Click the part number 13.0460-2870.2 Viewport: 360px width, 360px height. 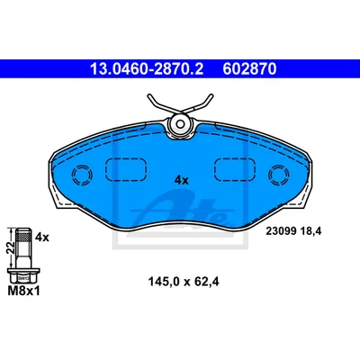pos(147,69)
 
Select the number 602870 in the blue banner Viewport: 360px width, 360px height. pos(249,69)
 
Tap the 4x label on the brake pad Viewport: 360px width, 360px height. pos(182,180)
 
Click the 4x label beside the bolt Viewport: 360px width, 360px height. pos(41,238)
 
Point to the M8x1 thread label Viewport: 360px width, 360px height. pos(23,291)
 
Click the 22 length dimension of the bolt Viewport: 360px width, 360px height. pos(11,247)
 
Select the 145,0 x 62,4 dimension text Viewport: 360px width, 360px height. pos(184,282)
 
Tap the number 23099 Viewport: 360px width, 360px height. pos(281,231)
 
